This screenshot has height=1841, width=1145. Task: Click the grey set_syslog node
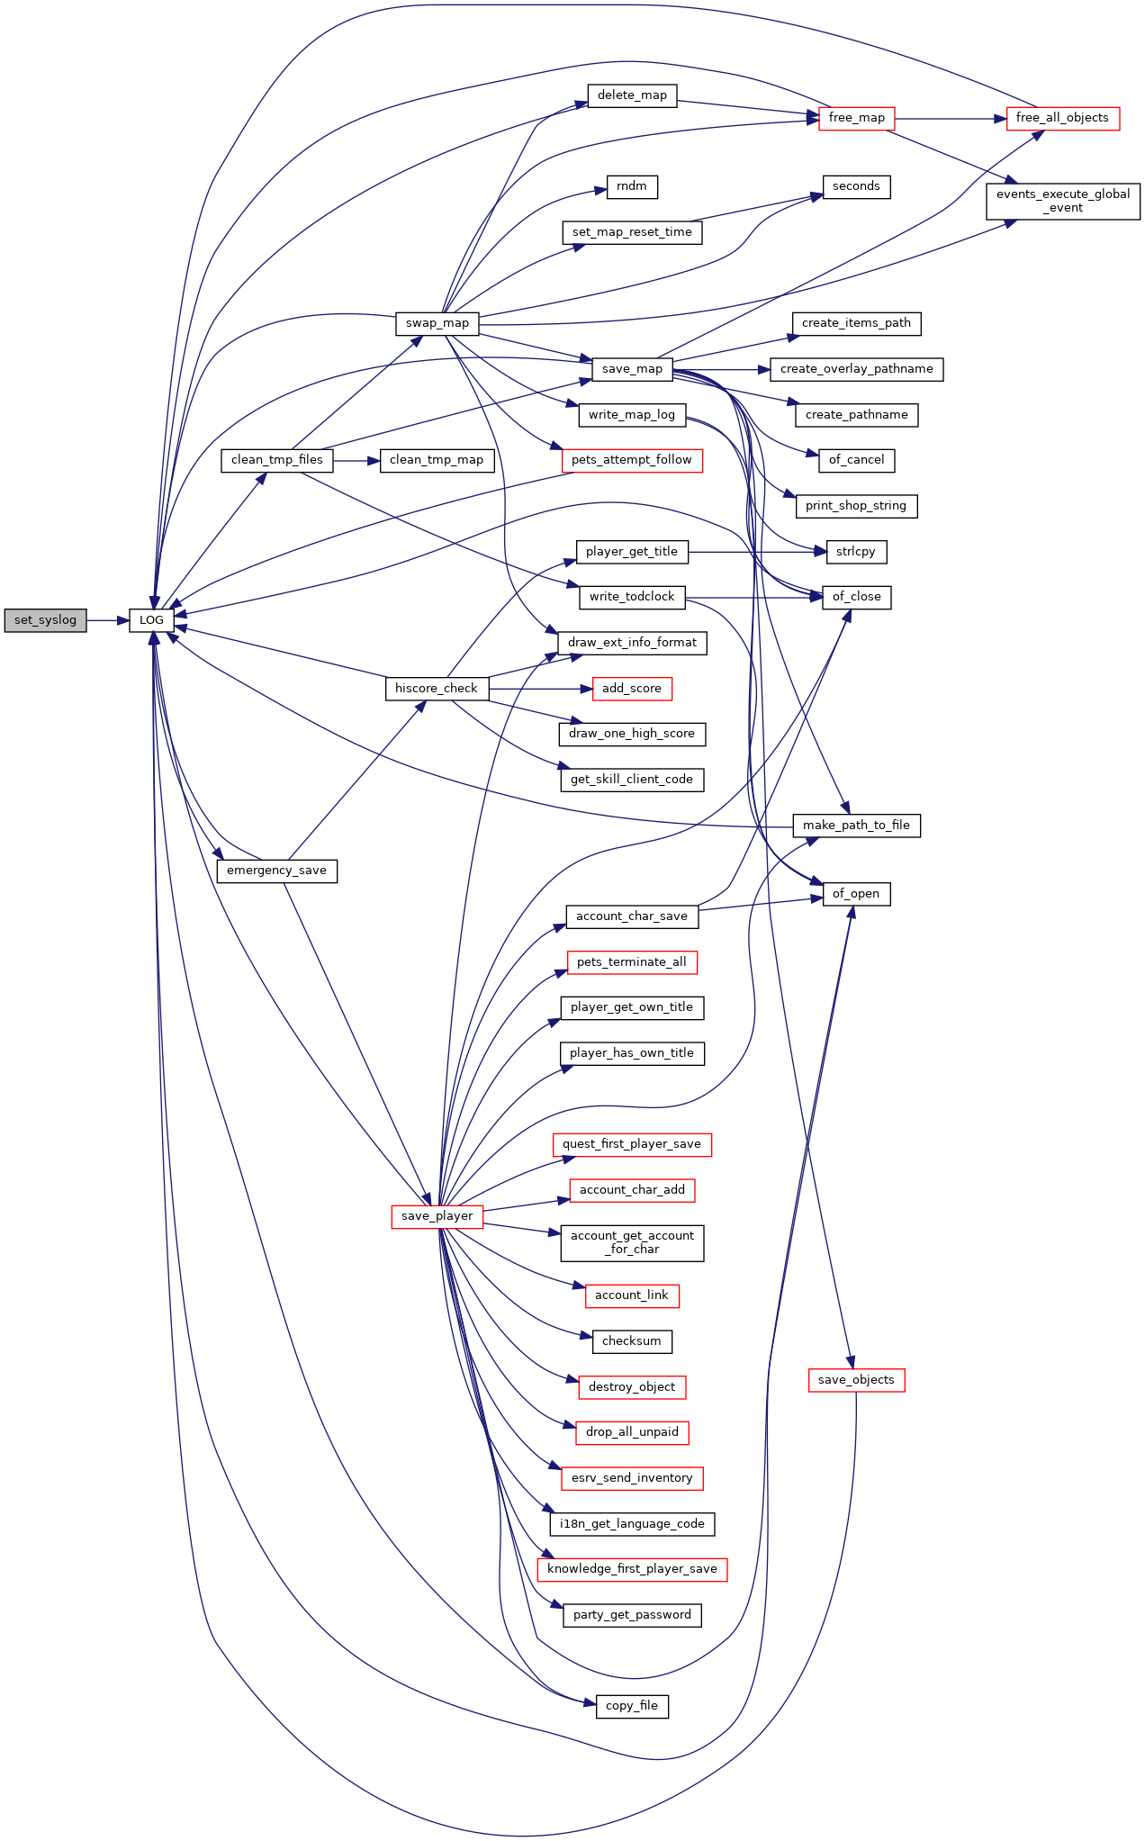(45, 620)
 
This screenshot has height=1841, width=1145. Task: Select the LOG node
(151, 620)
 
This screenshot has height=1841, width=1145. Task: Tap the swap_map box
(437, 323)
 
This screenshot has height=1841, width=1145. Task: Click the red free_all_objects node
(1062, 118)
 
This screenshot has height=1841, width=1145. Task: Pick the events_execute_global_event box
(1062, 201)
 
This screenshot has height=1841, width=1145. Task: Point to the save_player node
(437, 1216)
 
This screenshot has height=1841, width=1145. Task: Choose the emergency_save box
(276, 871)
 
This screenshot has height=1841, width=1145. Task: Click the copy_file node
(631, 1706)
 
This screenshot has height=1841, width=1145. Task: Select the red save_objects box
(855, 1380)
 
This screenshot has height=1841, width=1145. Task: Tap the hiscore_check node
(437, 689)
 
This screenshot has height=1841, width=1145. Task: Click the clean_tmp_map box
(437, 460)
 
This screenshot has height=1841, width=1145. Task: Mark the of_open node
(855, 894)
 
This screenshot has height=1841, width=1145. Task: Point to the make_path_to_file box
(855, 826)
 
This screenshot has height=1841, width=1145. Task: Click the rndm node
(631, 186)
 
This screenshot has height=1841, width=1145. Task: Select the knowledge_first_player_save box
(631, 1569)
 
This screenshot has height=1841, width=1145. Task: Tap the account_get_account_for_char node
(631, 1242)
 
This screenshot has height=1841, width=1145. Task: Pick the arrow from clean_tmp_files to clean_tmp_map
(356, 460)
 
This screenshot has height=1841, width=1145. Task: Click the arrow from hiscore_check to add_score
(540, 689)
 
